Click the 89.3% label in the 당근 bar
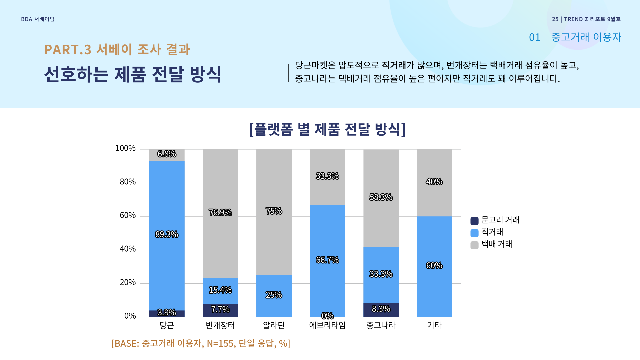click(167, 234)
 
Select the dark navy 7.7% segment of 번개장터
click(220, 310)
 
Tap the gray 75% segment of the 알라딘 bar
click(274, 211)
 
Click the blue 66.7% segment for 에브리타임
click(327, 260)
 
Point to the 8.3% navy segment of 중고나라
click(381, 309)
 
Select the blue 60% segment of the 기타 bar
click(434, 266)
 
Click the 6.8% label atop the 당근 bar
click(167, 154)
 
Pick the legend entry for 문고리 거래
click(495, 220)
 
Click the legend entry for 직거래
click(487, 232)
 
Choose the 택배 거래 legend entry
click(491, 244)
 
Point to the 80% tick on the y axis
click(128, 182)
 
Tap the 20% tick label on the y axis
click(128, 283)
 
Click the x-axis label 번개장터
click(220, 326)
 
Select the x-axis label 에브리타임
click(327, 326)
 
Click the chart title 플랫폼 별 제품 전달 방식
click(327, 129)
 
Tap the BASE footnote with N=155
click(201, 343)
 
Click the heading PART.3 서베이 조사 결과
click(117, 50)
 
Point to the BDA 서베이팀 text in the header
click(38, 19)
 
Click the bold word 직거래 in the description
click(394, 65)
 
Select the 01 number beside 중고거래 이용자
click(534, 37)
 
